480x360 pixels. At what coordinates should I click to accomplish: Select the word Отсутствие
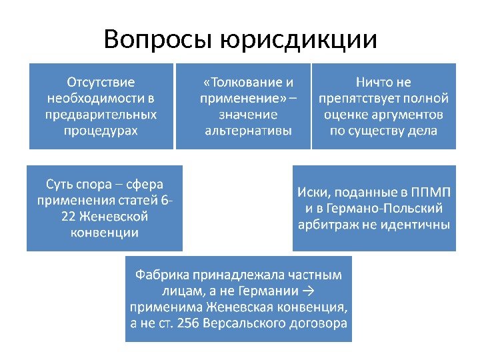(101, 83)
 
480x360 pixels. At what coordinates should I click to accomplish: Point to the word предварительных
(101, 114)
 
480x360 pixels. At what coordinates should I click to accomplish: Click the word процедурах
(101, 130)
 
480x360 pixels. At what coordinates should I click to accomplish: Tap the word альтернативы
(248, 130)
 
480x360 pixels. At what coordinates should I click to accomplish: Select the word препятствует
(361, 99)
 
